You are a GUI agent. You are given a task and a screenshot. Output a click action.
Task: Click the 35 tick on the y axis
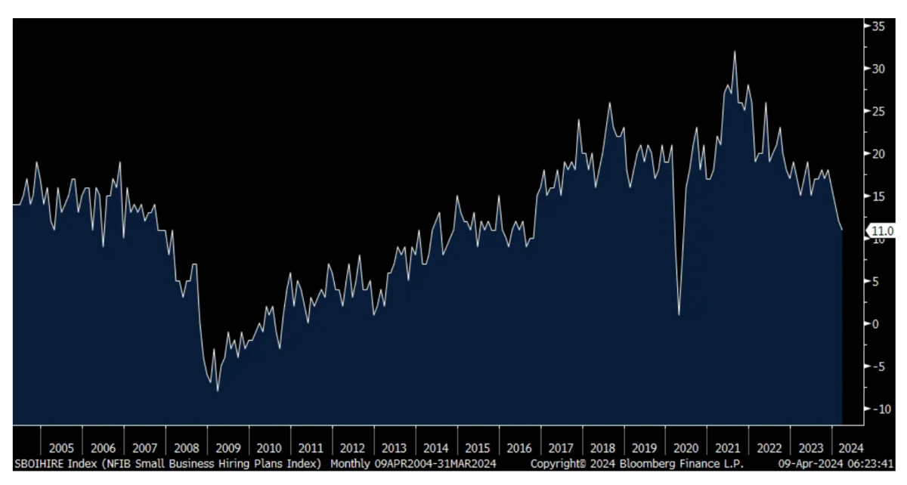click(x=878, y=26)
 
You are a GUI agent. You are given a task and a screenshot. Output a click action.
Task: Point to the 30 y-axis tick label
click(x=878, y=68)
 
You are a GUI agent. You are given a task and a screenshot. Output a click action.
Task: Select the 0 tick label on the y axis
click(x=877, y=323)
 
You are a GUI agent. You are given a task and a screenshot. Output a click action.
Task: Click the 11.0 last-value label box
click(x=882, y=231)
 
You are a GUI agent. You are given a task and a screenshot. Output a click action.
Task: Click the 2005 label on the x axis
click(x=61, y=448)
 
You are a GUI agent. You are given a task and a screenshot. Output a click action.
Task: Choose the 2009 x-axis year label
click(x=228, y=448)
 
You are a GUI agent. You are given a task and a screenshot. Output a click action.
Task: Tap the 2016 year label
click(x=519, y=448)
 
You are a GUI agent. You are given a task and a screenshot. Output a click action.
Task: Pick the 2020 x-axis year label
click(x=686, y=448)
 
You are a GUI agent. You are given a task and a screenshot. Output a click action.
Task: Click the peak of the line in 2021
click(x=734, y=51)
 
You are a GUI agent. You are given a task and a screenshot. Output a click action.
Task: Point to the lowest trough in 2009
click(x=218, y=391)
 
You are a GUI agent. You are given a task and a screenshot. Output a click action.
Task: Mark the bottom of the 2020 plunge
click(x=679, y=314)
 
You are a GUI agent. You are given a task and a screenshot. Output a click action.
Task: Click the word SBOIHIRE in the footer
click(x=39, y=463)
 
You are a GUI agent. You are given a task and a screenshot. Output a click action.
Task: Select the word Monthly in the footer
click(x=349, y=463)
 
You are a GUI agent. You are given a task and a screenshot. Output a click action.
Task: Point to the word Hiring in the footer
click(x=231, y=463)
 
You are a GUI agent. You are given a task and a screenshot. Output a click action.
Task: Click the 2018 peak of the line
click(x=609, y=103)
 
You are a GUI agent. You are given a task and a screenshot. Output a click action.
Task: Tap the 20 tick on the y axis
click(x=878, y=153)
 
